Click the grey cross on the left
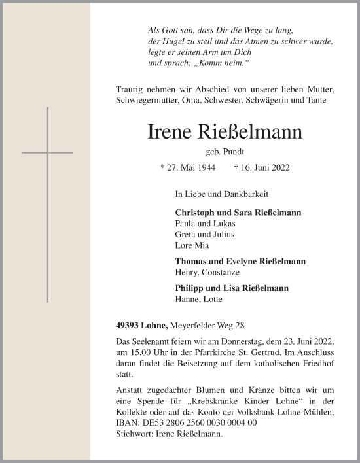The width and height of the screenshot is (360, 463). [47, 152]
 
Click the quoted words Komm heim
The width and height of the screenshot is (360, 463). [223, 62]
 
